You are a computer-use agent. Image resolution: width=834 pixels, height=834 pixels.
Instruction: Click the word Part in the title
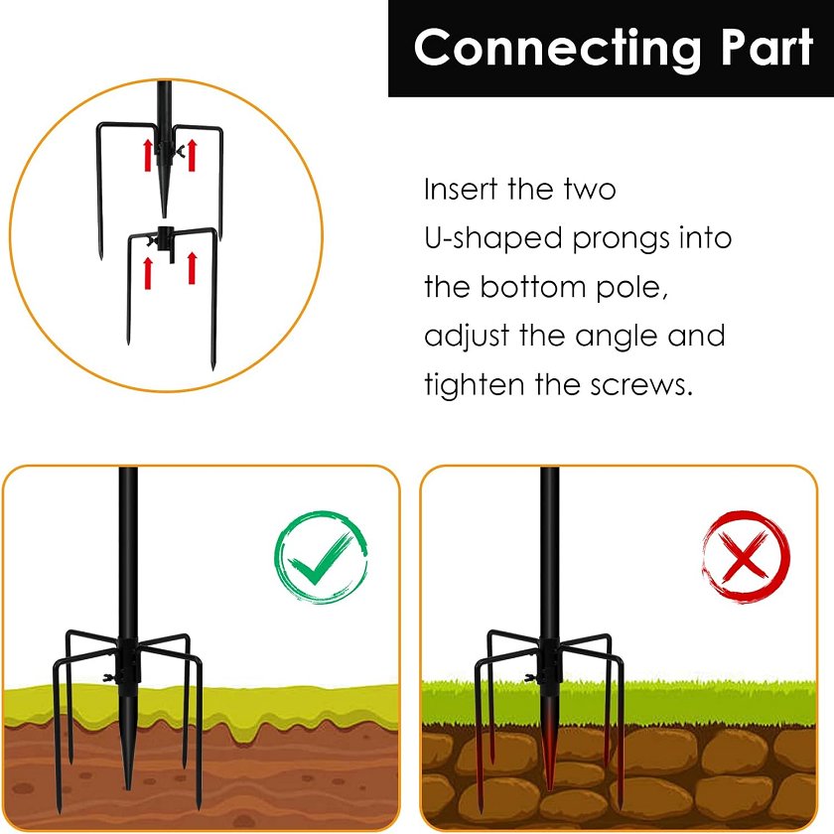(767, 47)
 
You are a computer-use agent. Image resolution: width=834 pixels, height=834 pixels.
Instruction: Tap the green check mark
(320, 558)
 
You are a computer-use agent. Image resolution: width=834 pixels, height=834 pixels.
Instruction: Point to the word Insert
(461, 189)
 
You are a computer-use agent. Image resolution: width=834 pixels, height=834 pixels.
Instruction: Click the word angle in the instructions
(617, 337)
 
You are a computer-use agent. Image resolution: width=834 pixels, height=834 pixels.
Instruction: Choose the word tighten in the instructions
(475, 384)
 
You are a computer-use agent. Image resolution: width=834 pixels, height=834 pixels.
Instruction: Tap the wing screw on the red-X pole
(531, 677)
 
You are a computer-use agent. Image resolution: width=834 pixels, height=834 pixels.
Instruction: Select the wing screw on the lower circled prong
(153, 241)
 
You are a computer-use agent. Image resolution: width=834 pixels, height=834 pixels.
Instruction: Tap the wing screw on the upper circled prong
(180, 151)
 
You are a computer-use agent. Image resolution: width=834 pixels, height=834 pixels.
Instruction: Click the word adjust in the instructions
(467, 337)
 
